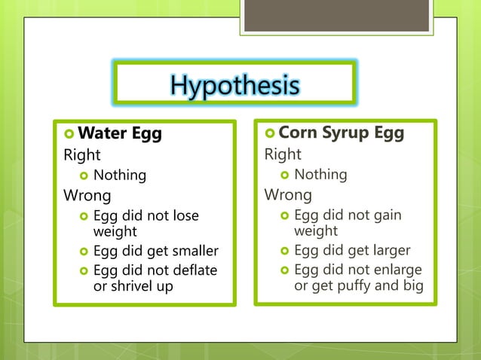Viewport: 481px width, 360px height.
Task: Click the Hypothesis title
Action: click(234, 86)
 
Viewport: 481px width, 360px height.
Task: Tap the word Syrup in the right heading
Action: click(343, 133)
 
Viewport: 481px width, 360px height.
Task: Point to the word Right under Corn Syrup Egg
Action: click(282, 154)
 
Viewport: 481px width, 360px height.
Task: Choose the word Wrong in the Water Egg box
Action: click(86, 196)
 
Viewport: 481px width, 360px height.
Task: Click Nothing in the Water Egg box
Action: click(120, 175)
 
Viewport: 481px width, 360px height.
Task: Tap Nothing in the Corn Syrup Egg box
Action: click(320, 175)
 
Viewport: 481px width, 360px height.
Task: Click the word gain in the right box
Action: click(386, 215)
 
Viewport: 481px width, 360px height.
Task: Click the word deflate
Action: click(194, 270)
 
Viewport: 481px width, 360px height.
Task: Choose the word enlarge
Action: click(396, 270)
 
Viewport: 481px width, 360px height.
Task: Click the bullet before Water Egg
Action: click(69, 135)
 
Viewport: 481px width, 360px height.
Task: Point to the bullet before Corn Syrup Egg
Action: click(270, 134)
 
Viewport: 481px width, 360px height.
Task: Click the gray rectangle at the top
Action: click(336, 15)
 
